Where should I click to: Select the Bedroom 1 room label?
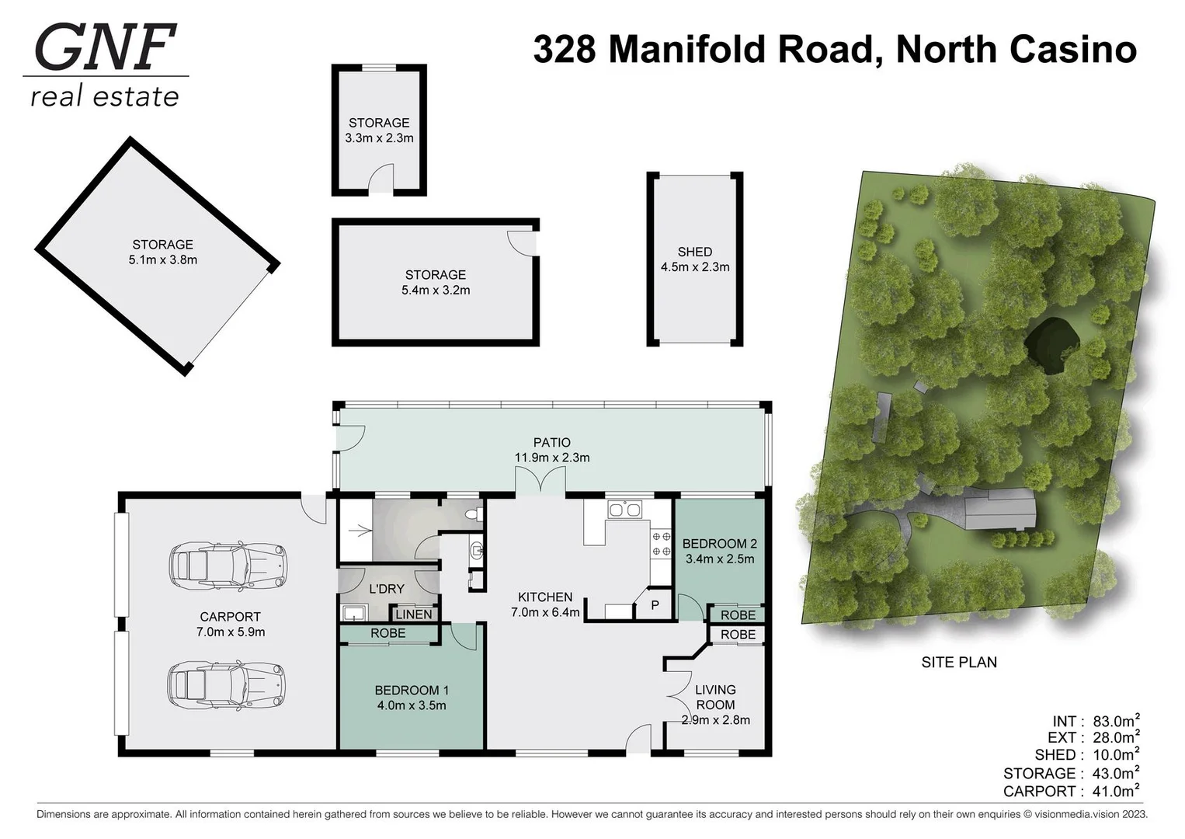click(412, 690)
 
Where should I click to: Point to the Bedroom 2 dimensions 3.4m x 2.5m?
click(719, 559)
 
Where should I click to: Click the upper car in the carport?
click(228, 565)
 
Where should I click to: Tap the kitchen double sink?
click(624, 510)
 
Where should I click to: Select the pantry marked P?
click(654, 604)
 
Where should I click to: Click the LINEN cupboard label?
click(413, 614)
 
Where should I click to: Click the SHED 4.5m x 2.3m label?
click(694, 259)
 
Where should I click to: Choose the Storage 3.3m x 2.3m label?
click(379, 130)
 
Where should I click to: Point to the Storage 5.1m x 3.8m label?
click(162, 252)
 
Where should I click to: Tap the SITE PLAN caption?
click(958, 662)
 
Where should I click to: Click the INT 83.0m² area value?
click(1115, 720)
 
